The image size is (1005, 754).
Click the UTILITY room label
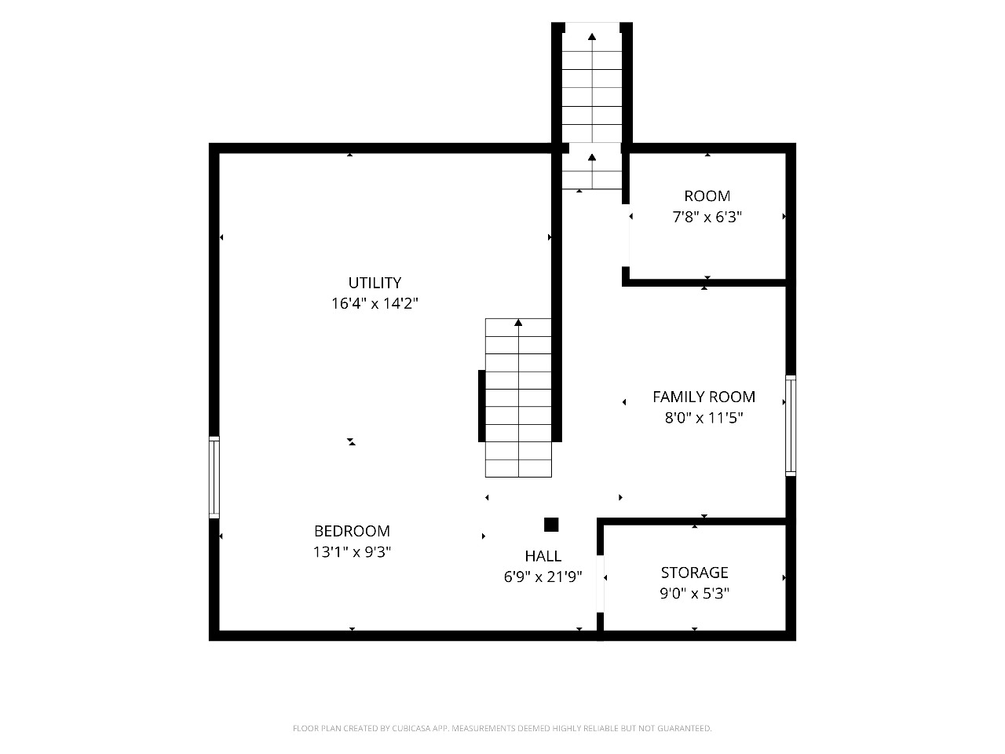click(375, 283)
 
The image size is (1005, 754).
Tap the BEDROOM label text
click(352, 531)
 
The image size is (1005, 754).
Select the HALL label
click(543, 556)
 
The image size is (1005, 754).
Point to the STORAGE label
click(694, 573)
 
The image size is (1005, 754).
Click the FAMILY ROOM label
click(703, 397)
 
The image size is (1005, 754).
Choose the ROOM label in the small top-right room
click(707, 196)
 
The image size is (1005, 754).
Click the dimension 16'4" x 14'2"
click(375, 303)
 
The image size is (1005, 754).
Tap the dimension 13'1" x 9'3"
click(352, 552)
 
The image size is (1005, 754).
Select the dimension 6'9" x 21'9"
click(543, 576)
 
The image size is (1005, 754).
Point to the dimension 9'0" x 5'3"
click(694, 593)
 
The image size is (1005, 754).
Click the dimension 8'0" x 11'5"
click(703, 418)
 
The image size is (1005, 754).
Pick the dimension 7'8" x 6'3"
click(707, 217)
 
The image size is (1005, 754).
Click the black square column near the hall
click(551, 525)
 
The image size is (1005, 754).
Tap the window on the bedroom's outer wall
click(214, 478)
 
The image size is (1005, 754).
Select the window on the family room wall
click(791, 426)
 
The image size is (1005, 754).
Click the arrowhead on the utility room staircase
click(518, 323)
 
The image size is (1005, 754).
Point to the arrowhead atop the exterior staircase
click(592, 37)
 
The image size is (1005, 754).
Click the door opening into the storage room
click(601, 584)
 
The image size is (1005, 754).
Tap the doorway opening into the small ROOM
click(626, 236)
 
